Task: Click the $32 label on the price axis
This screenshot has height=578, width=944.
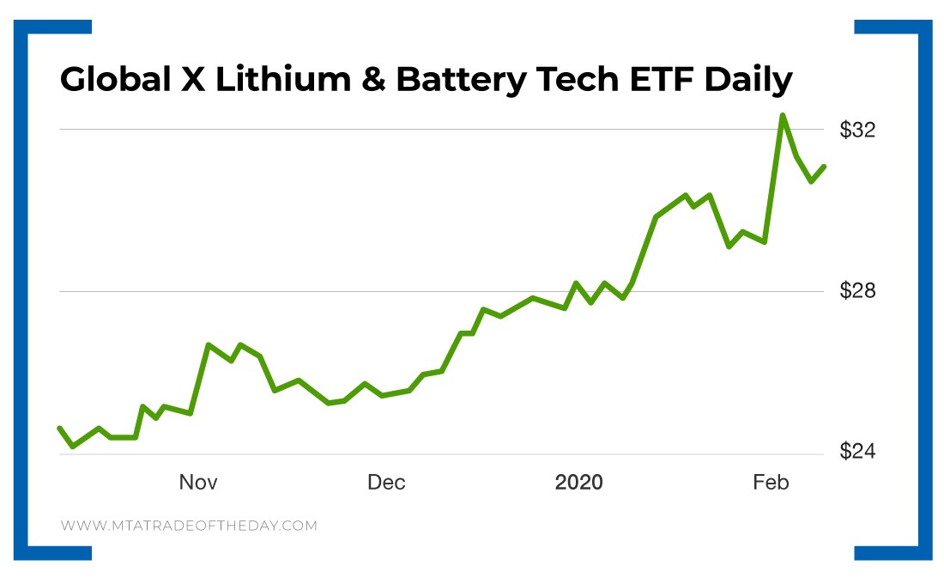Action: (x=857, y=131)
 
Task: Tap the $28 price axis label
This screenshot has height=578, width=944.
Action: (x=857, y=291)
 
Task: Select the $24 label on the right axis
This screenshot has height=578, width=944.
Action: (x=857, y=453)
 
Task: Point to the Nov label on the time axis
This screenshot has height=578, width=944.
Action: (x=198, y=483)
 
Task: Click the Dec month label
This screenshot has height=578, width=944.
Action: (x=386, y=483)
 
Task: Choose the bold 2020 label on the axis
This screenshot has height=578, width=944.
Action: (x=579, y=483)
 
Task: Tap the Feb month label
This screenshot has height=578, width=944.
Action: (x=771, y=483)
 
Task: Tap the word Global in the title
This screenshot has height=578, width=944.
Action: (x=117, y=81)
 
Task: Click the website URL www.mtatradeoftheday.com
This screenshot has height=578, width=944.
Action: (x=189, y=526)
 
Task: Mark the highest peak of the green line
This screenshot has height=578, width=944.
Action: (x=783, y=115)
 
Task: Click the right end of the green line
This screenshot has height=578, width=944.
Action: (x=824, y=167)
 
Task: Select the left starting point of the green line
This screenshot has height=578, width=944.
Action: (x=59, y=428)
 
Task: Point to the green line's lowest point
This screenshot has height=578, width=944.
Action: (x=72, y=447)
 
